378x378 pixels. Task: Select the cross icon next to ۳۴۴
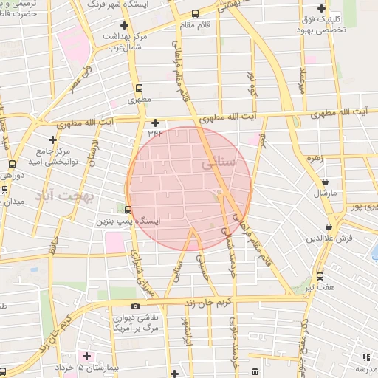pos(155,123)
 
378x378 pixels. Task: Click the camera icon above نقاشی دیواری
pos(134,306)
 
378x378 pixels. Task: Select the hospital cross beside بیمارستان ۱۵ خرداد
pos(87,357)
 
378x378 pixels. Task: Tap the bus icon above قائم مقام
pos(195,13)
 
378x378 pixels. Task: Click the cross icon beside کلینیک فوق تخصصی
pos(322,7)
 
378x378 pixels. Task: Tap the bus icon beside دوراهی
pos(12,164)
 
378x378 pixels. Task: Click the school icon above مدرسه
pos(365,357)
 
